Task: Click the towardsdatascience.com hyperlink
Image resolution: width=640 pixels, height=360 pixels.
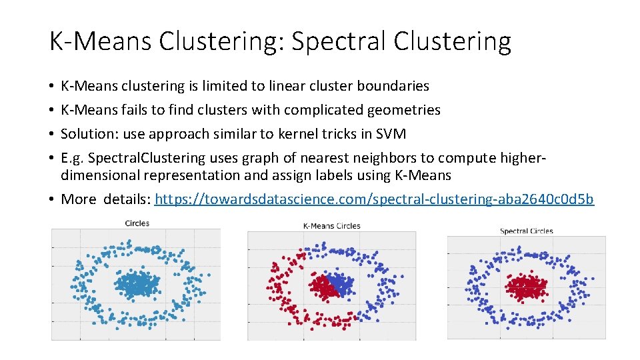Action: coord(374,199)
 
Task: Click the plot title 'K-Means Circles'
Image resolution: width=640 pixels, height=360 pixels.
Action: coord(331,226)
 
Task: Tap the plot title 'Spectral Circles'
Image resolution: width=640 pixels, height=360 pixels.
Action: coord(526,231)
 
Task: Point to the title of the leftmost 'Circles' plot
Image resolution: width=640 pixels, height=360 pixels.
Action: coord(137,223)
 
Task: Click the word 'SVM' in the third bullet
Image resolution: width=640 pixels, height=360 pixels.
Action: coord(391,133)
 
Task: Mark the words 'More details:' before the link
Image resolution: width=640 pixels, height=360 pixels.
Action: coord(105,199)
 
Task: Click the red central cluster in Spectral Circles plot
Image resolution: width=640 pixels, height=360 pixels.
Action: coord(525,287)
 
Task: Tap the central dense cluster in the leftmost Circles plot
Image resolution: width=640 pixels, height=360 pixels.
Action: coord(137,285)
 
